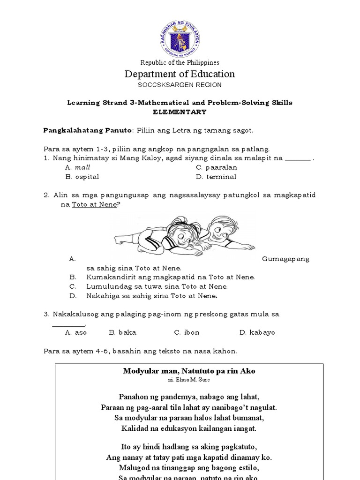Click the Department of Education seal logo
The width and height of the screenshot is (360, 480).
[180, 38]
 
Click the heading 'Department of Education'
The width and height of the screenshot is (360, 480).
[180, 74]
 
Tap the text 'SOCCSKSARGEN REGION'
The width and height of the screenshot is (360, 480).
[180, 85]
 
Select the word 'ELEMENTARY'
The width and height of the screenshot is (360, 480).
[180, 112]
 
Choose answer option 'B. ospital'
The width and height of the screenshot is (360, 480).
[82, 177]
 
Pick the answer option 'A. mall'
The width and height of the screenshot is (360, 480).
[78, 167]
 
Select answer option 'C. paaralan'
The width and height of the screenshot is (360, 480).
[217, 167]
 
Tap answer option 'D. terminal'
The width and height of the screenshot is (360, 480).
[216, 177]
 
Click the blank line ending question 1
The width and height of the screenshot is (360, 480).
[298, 159]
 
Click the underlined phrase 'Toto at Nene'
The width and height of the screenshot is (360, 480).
[94, 205]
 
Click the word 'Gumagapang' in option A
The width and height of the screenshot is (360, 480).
[285, 259]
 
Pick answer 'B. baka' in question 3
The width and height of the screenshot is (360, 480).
[122, 332]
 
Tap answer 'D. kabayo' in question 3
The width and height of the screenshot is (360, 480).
[257, 332]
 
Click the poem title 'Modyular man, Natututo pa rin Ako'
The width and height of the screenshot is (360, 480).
[189, 371]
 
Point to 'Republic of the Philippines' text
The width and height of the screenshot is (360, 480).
[180, 62]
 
